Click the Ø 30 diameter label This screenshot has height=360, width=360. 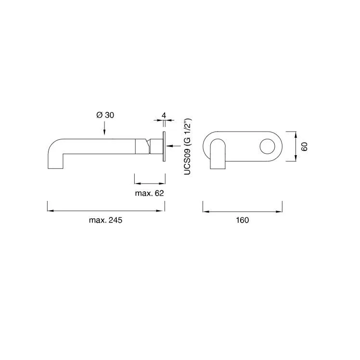coord(105,115)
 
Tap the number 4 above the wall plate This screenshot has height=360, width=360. coord(164,115)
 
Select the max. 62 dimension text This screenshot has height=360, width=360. coord(150,193)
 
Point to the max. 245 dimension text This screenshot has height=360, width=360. coord(105,220)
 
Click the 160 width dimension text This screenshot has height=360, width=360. coord(243,220)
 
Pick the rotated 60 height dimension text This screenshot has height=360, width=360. coord(305,147)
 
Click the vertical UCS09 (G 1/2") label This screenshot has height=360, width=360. coord(188,147)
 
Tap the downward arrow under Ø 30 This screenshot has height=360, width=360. coord(104,128)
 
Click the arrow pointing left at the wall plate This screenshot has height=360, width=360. coord(174,146)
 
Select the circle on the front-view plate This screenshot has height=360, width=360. coord(268,147)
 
